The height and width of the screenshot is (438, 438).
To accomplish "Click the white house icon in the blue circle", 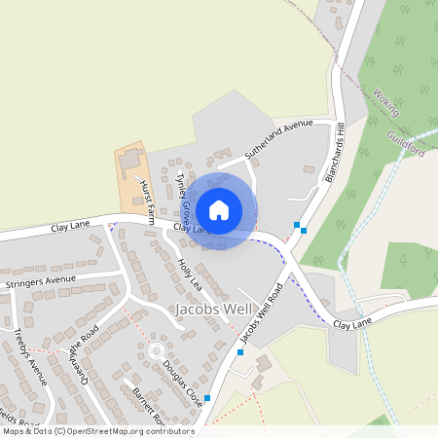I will click(219, 209).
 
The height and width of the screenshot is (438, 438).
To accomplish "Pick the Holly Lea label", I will click(189, 275).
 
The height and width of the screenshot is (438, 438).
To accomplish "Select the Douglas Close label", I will click(183, 383).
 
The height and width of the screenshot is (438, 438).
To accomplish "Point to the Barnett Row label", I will click(148, 405).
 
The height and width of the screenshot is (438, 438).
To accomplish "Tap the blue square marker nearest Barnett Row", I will click(206, 398).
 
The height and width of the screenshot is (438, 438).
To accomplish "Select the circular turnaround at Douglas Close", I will click(155, 351).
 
